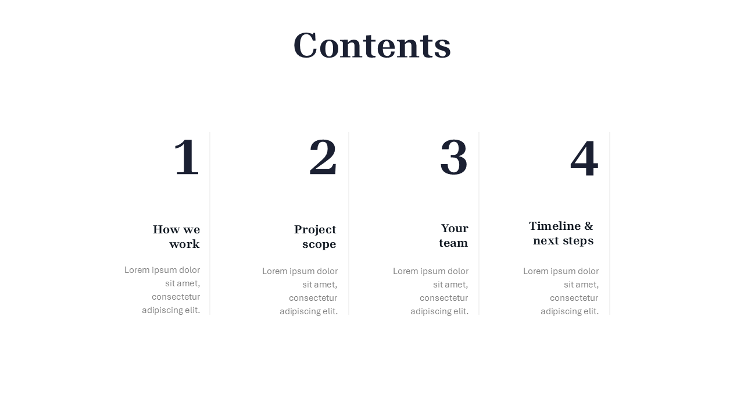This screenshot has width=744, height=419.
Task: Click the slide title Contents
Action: click(372, 45)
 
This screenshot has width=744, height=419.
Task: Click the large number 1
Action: click(187, 157)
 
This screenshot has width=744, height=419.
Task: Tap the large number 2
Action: click(323, 157)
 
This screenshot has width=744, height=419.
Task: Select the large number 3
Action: click(454, 157)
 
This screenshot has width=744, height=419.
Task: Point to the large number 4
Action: click(584, 158)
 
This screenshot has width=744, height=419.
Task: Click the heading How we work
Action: click(176, 236)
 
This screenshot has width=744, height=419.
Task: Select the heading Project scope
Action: click(315, 236)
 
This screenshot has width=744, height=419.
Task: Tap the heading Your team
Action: click(453, 236)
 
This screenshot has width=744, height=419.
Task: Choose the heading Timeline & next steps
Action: click(561, 233)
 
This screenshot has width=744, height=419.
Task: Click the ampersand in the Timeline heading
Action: click(588, 226)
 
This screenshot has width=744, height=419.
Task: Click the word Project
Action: click(315, 230)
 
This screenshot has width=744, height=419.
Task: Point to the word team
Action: click(453, 243)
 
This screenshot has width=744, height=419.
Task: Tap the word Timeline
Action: click(555, 226)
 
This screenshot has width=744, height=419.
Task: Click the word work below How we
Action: click(184, 244)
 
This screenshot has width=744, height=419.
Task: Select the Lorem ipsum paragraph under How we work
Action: click(162, 290)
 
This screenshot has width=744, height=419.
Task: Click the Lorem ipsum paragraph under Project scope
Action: click(299, 292)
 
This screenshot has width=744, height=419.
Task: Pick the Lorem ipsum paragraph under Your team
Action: click(431, 292)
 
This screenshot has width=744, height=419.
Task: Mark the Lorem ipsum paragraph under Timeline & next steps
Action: click(561, 292)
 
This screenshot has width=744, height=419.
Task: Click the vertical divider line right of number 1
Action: click(210, 223)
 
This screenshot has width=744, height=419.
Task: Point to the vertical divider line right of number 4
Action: click(610, 223)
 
